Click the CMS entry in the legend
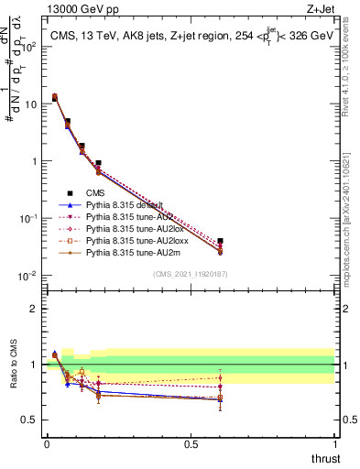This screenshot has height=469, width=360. (x=95, y=193)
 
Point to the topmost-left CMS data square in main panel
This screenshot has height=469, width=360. (x=54, y=98)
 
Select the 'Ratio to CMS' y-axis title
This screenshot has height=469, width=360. (x=13, y=365)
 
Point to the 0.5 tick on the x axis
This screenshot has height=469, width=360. (x=191, y=442)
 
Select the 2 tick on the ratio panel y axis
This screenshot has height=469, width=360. (x=33, y=309)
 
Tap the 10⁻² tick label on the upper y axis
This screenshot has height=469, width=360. (x=27, y=276)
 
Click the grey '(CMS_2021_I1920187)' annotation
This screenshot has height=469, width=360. (x=190, y=274)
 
